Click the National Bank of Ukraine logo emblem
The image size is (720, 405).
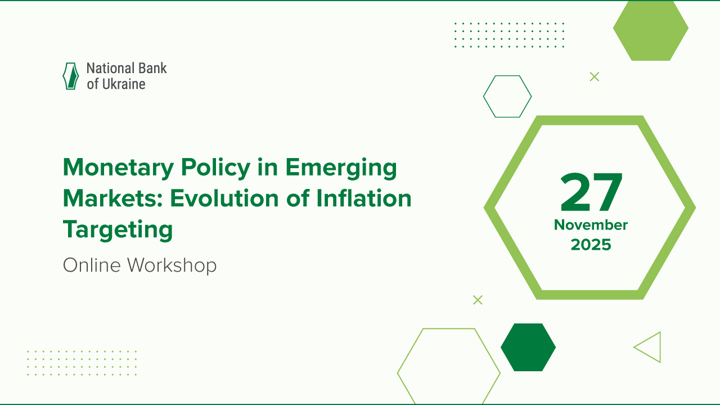(x=70, y=76)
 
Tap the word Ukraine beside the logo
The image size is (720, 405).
(x=124, y=84)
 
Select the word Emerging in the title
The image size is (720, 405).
(x=341, y=168)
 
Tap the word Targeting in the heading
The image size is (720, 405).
(x=118, y=229)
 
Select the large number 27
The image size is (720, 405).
(x=591, y=193)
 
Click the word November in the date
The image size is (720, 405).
(x=591, y=225)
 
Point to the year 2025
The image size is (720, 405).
(x=591, y=245)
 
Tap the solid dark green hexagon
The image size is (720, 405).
(x=528, y=347)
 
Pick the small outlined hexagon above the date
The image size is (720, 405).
(x=507, y=96)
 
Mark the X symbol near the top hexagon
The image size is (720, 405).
(x=594, y=76)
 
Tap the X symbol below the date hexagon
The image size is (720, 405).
(x=478, y=300)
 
